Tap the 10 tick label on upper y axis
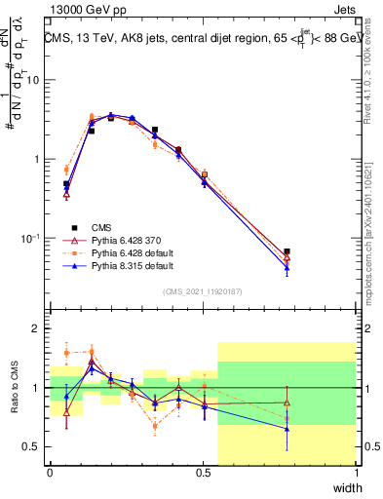[x=33, y=80]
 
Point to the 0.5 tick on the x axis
[x=203, y=472]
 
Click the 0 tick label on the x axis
[x=50, y=472]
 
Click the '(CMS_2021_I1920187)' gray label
[x=203, y=290]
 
